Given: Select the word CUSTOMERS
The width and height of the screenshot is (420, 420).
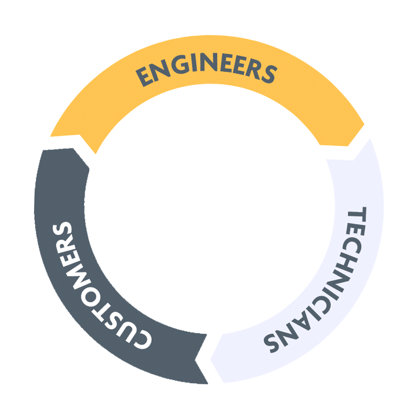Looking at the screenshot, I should tap(97, 286).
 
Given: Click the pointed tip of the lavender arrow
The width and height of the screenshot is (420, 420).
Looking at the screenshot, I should tap(211, 360).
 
